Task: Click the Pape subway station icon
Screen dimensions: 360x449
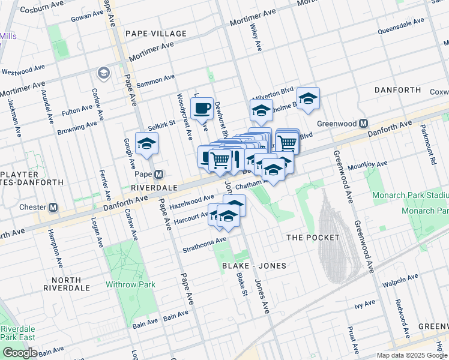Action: tap(158, 175)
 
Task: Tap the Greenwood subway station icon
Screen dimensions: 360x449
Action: tap(363, 124)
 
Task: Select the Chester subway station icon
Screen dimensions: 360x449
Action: tap(53, 208)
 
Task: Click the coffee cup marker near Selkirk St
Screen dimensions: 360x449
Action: tap(202, 108)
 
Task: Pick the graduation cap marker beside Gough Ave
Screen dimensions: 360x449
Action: tap(146, 144)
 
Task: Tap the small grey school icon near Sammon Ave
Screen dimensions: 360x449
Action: tap(103, 73)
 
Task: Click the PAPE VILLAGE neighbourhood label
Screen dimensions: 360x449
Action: tap(155, 34)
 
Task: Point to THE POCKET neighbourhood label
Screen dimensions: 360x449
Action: tap(312, 238)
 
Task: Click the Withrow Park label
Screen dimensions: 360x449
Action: tap(130, 284)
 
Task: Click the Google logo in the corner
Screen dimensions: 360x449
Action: tap(19, 353)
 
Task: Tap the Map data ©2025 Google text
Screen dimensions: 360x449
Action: tap(411, 355)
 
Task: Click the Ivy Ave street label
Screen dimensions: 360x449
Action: tap(364, 305)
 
